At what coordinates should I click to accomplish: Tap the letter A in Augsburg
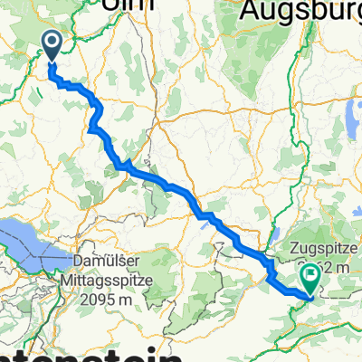click(x=250, y=11)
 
